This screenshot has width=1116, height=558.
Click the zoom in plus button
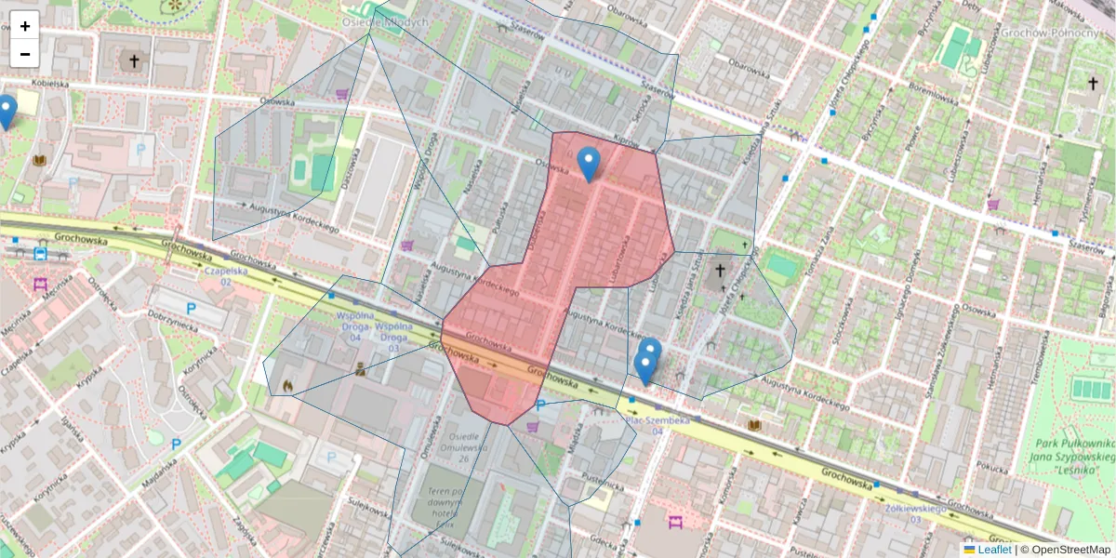pyautogui.click(x=25, y=26)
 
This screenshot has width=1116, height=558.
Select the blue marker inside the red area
pyautogui.click(x=588, y=164)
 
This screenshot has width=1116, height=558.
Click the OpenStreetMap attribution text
pyautogui.click(x=1070, y=550)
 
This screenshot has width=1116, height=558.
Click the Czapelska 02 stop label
pyautogui.click(x=226, y=276)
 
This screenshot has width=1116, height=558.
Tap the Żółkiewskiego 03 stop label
pyautogui.click(x=914, y=513)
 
